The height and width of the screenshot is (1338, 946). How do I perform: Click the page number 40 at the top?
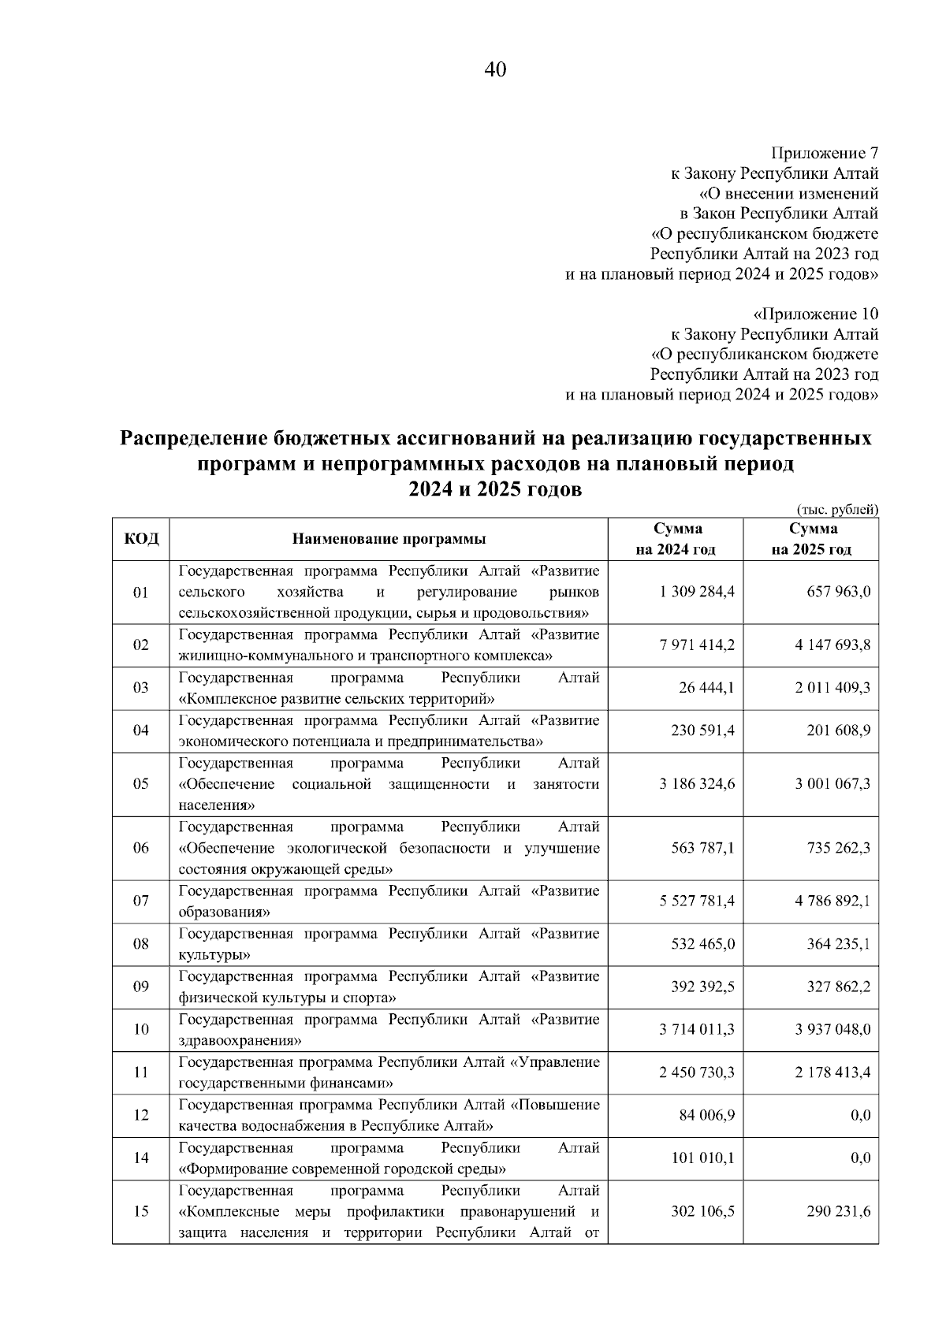[x=495, y=70]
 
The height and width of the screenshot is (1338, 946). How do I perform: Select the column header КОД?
[x=141, y=539]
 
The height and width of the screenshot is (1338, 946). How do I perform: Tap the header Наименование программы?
[x=389, y=539]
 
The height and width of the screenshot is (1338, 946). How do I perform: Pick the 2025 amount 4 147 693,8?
[x=832, y=645]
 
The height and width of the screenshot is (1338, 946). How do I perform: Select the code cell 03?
[x=141, y=688]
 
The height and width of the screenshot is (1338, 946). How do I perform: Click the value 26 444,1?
[x=706, y=688]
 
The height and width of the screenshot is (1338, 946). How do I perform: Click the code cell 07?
[x=141, y=901]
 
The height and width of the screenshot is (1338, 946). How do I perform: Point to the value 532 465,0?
[x=702, y=943]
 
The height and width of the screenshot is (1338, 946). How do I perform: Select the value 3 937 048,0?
[x=832, y=1029]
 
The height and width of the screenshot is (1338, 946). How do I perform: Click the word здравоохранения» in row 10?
[x=236, y=1040]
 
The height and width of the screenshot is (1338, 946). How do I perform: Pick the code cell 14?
[x=141, y=1158]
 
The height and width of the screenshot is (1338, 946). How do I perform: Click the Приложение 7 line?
[x=824, y=152]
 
